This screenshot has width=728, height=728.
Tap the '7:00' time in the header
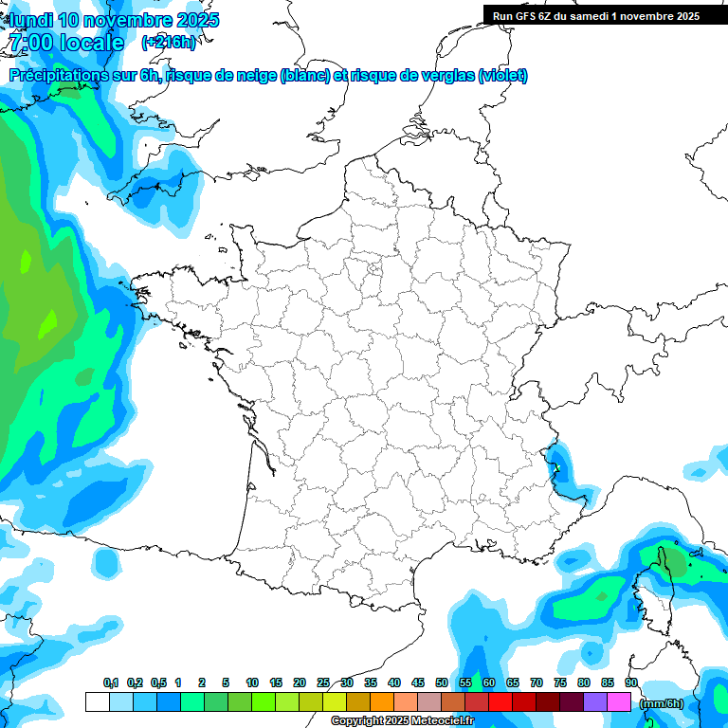coord(29,43)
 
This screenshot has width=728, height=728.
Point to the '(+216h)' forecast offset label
coord(168,43)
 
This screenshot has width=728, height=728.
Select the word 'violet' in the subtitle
coord(502,76)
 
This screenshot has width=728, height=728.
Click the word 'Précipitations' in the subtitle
coord(56,76)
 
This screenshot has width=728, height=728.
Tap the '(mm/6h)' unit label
coord(660,703)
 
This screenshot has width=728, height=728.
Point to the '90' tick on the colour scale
coord(631,682)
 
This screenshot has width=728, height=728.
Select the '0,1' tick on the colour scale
coord(110,682)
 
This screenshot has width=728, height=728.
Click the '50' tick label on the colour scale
coord(442,682)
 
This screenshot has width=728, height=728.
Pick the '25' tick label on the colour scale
coord(323,682)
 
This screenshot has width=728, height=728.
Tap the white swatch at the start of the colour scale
coord(97,702)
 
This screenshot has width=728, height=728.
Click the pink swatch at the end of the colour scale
coord(619,702)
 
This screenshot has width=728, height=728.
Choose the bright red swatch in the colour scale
coord(500,702)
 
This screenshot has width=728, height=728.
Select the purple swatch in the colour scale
coord(595,702)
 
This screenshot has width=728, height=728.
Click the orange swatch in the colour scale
coord(382,702)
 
